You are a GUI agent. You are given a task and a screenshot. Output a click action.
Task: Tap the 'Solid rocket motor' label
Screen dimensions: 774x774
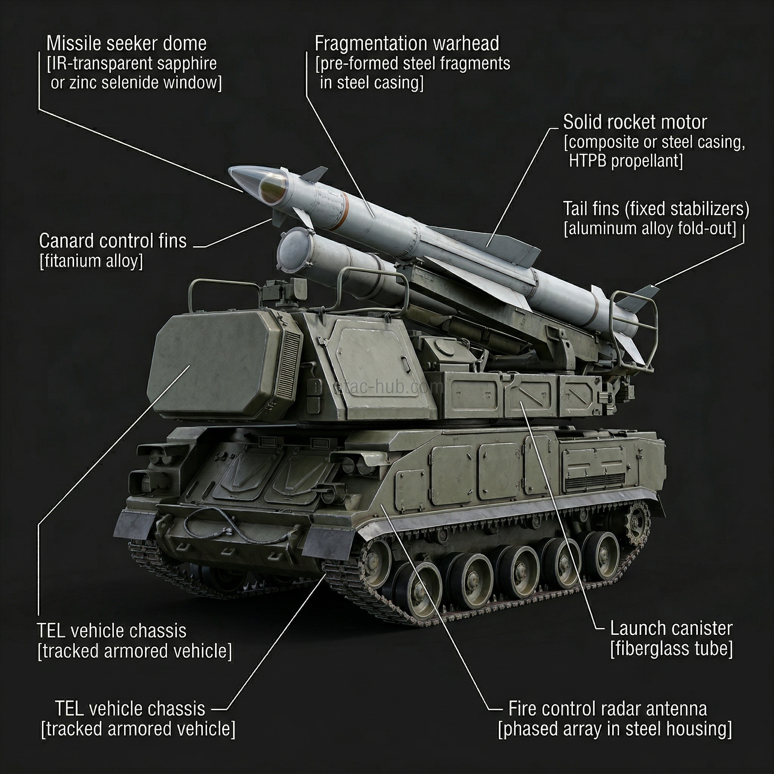[635, 122]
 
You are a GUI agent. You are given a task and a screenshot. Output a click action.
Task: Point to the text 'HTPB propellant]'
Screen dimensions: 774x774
[625, 161]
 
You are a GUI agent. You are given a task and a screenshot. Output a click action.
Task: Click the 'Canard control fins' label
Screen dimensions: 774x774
[113, 241]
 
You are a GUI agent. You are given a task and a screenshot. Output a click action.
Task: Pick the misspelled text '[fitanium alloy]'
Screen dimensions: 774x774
[91, 261]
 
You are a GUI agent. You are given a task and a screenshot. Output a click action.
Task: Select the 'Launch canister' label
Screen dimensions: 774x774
[671, 628]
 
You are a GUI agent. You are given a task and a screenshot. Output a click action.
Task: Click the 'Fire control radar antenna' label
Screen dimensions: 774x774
[607, 709]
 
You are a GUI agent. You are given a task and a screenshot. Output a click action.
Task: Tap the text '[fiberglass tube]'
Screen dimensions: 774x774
[671, 649]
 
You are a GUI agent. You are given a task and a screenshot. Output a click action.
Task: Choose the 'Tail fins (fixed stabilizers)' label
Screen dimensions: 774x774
[656, 209]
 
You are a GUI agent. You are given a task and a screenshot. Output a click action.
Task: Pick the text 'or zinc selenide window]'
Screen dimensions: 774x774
[136, 83]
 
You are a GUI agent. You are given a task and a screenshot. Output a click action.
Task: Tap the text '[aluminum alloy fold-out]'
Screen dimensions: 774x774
[650, 229]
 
